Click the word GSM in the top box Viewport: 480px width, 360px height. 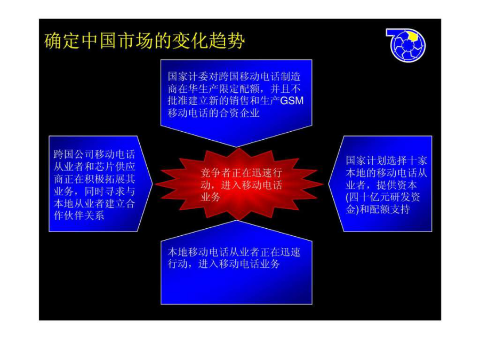point(291,101)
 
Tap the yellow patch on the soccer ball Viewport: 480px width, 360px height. point(413,36)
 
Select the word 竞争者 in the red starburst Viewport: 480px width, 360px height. point(216,173)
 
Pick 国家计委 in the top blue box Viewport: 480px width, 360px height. point(188,76)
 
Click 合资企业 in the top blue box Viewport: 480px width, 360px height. point(239,113)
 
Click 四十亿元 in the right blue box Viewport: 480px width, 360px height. point(369,197)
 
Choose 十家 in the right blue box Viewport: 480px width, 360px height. point(417,161)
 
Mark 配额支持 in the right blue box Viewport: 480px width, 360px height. point(389,210)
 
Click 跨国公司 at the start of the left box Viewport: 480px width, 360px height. point(74,154)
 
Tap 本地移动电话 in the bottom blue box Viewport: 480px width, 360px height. point(198,252)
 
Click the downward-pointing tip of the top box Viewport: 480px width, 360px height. point(236,147)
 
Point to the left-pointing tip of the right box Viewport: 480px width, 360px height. point(329,184)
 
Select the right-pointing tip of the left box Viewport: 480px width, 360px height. point(152,184)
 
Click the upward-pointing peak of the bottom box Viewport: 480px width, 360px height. point(237,221)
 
